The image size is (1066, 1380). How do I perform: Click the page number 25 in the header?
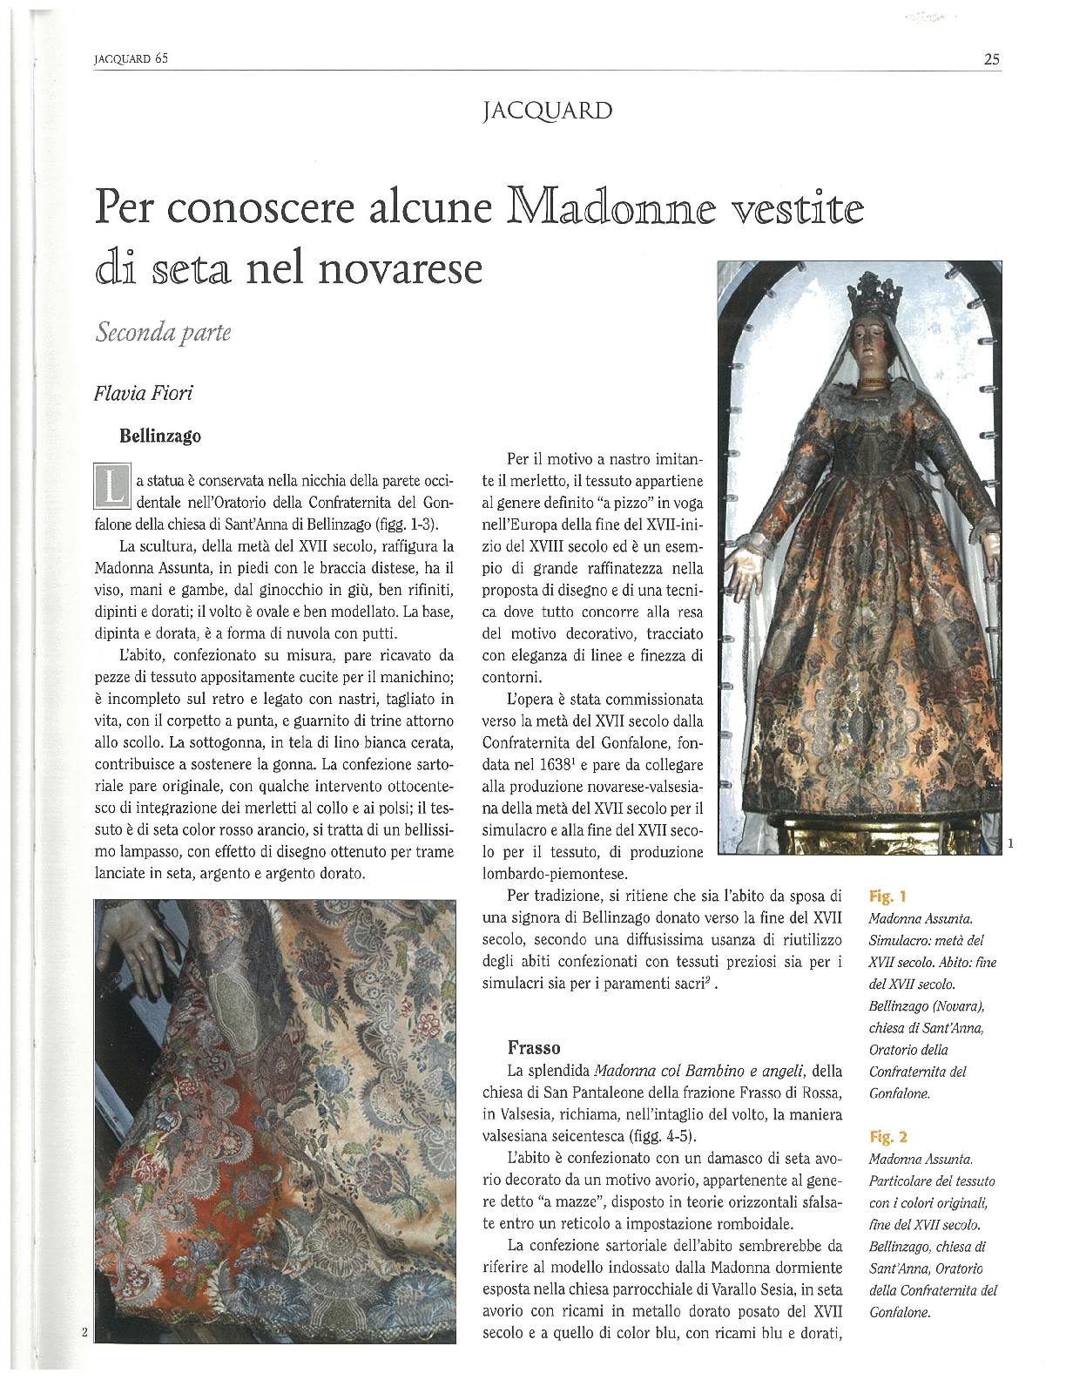point(991,59)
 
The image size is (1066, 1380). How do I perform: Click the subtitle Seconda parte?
point(164,333)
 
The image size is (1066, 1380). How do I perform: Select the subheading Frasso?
point(534,1046)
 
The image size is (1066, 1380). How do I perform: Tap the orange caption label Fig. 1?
point(887,895)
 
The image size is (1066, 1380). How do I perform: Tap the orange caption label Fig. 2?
point(888,1136)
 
